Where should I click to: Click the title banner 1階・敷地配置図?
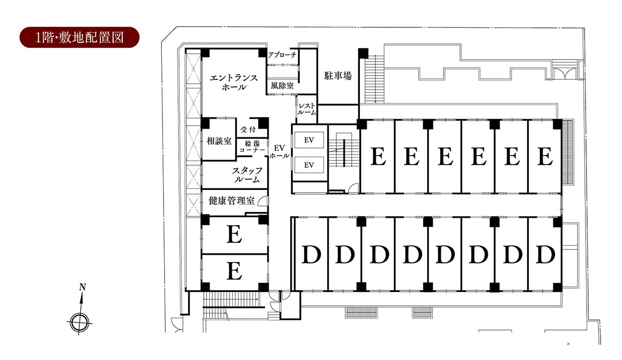pos(80,38)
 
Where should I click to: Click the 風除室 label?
pos(282,85)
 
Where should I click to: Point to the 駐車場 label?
pos(338,76)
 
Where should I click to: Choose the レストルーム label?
pos(307,109)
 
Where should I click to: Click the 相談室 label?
pos(219,142)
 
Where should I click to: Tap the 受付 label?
pos(247,129)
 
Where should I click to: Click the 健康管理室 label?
pos(231,201)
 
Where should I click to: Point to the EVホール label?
pos(279,151)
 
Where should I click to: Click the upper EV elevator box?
pos(309,140)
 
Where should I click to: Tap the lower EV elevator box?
pos(309,165)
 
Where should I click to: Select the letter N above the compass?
pos(82,287)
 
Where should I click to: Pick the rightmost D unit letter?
pos(545,254)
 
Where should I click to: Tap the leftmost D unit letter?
pos(310,254)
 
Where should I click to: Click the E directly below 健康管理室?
pos(234,235)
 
